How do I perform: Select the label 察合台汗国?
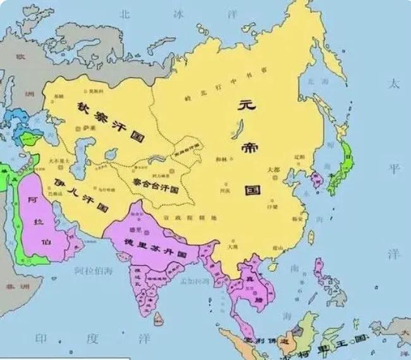pos(156,184)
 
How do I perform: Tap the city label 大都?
pos(273,169)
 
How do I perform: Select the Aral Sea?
pos(110,154)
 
